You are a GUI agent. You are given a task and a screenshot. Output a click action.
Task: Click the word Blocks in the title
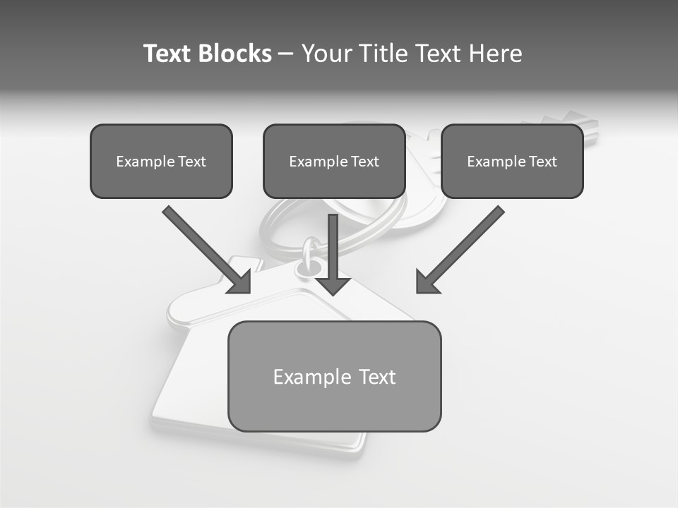tap(234, 54)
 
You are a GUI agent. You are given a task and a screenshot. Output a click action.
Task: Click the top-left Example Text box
tap(161, 161)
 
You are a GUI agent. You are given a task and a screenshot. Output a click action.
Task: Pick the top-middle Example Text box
tap(334, 161)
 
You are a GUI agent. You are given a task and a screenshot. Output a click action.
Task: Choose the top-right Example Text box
tap(512, 161)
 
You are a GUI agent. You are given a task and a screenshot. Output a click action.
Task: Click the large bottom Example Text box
tap(334, 376)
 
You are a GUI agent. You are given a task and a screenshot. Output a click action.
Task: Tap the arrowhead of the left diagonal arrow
tap(241, 283)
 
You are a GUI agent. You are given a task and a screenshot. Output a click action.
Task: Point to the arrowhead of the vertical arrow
tap(333, 285)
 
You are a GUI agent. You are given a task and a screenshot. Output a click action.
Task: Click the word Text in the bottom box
tap(376, 377)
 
